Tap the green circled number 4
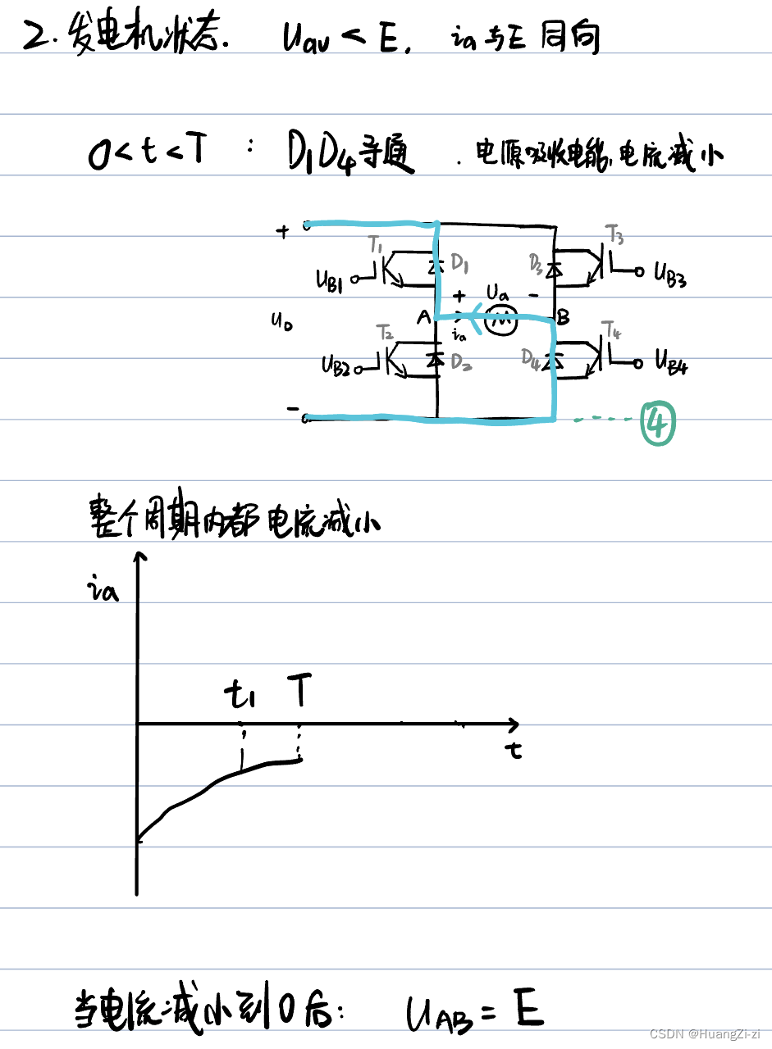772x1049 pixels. (659, 424)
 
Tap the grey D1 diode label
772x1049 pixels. (459, 265)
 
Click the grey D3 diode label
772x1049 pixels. (536, 264)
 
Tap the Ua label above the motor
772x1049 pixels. (497, 293)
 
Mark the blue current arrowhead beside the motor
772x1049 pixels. (470, 320)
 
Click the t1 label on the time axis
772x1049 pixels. (240, 697)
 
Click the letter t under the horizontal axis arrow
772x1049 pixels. (514, 750)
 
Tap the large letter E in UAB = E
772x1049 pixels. (528, 1008)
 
